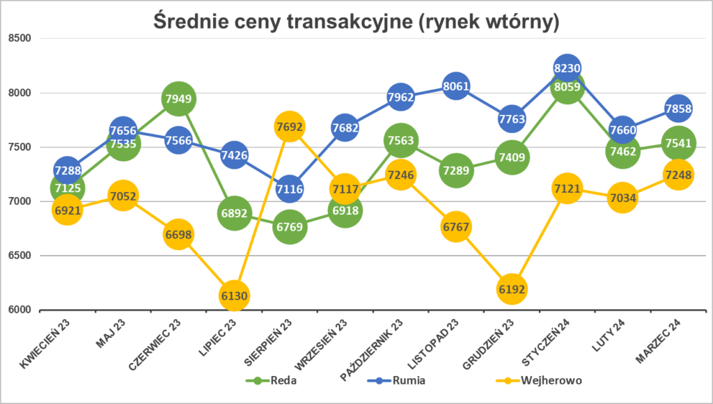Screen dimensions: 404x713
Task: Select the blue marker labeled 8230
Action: pyautogui.click(x=567, y=68)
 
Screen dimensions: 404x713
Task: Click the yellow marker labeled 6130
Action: pyautogui.click(x=234, y=295)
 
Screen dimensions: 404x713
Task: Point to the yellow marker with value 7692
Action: pyautogui.click(x=290, y=127)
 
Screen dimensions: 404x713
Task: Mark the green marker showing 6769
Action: pyautogui.click(x=290, y=226)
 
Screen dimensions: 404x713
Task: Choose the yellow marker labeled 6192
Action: pyautogui.click(x=512, y=288)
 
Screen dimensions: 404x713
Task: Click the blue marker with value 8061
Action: pyautogui.click(x=456, y=86)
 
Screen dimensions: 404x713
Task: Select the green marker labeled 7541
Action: pyautogui.click(x=678, y=143)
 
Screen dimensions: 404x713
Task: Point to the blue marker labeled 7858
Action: pyautogui.click(x=678, y=109)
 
